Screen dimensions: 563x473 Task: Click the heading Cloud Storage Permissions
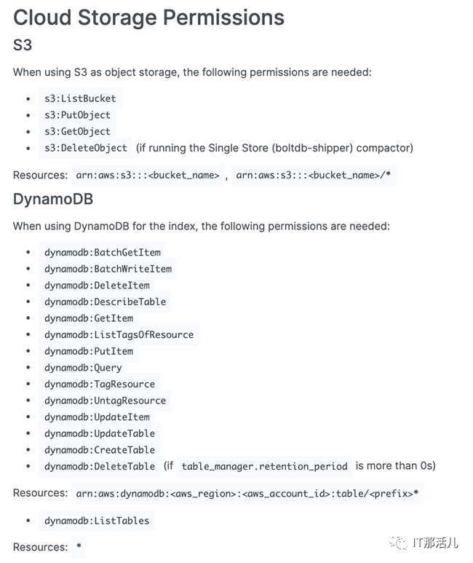[148, 17]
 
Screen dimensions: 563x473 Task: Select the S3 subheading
[23, 45]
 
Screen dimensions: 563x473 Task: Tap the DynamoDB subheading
[53, 199]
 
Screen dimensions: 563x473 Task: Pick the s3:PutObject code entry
[77, 115]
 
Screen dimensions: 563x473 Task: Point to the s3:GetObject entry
[77, 132]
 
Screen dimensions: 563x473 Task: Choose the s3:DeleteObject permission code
[86, 148]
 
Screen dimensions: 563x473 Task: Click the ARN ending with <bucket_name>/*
[314, 176]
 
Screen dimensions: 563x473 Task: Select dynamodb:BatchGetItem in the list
[102, 252]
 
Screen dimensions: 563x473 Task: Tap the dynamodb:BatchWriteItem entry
[108, 269]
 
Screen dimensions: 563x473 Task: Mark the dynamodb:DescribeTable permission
[105, 302]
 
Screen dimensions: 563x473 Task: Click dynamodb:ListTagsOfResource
[119, 335]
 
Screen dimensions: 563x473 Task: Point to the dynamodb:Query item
[83, 368]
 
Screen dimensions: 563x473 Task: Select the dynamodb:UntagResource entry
[105, 401]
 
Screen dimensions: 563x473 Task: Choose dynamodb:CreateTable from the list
[100, 450]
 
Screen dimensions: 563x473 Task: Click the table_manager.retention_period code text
[264, 466]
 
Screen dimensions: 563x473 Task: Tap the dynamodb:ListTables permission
[97, 521]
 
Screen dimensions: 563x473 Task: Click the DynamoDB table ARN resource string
[248, 494]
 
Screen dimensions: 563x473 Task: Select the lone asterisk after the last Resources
[79, 548]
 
